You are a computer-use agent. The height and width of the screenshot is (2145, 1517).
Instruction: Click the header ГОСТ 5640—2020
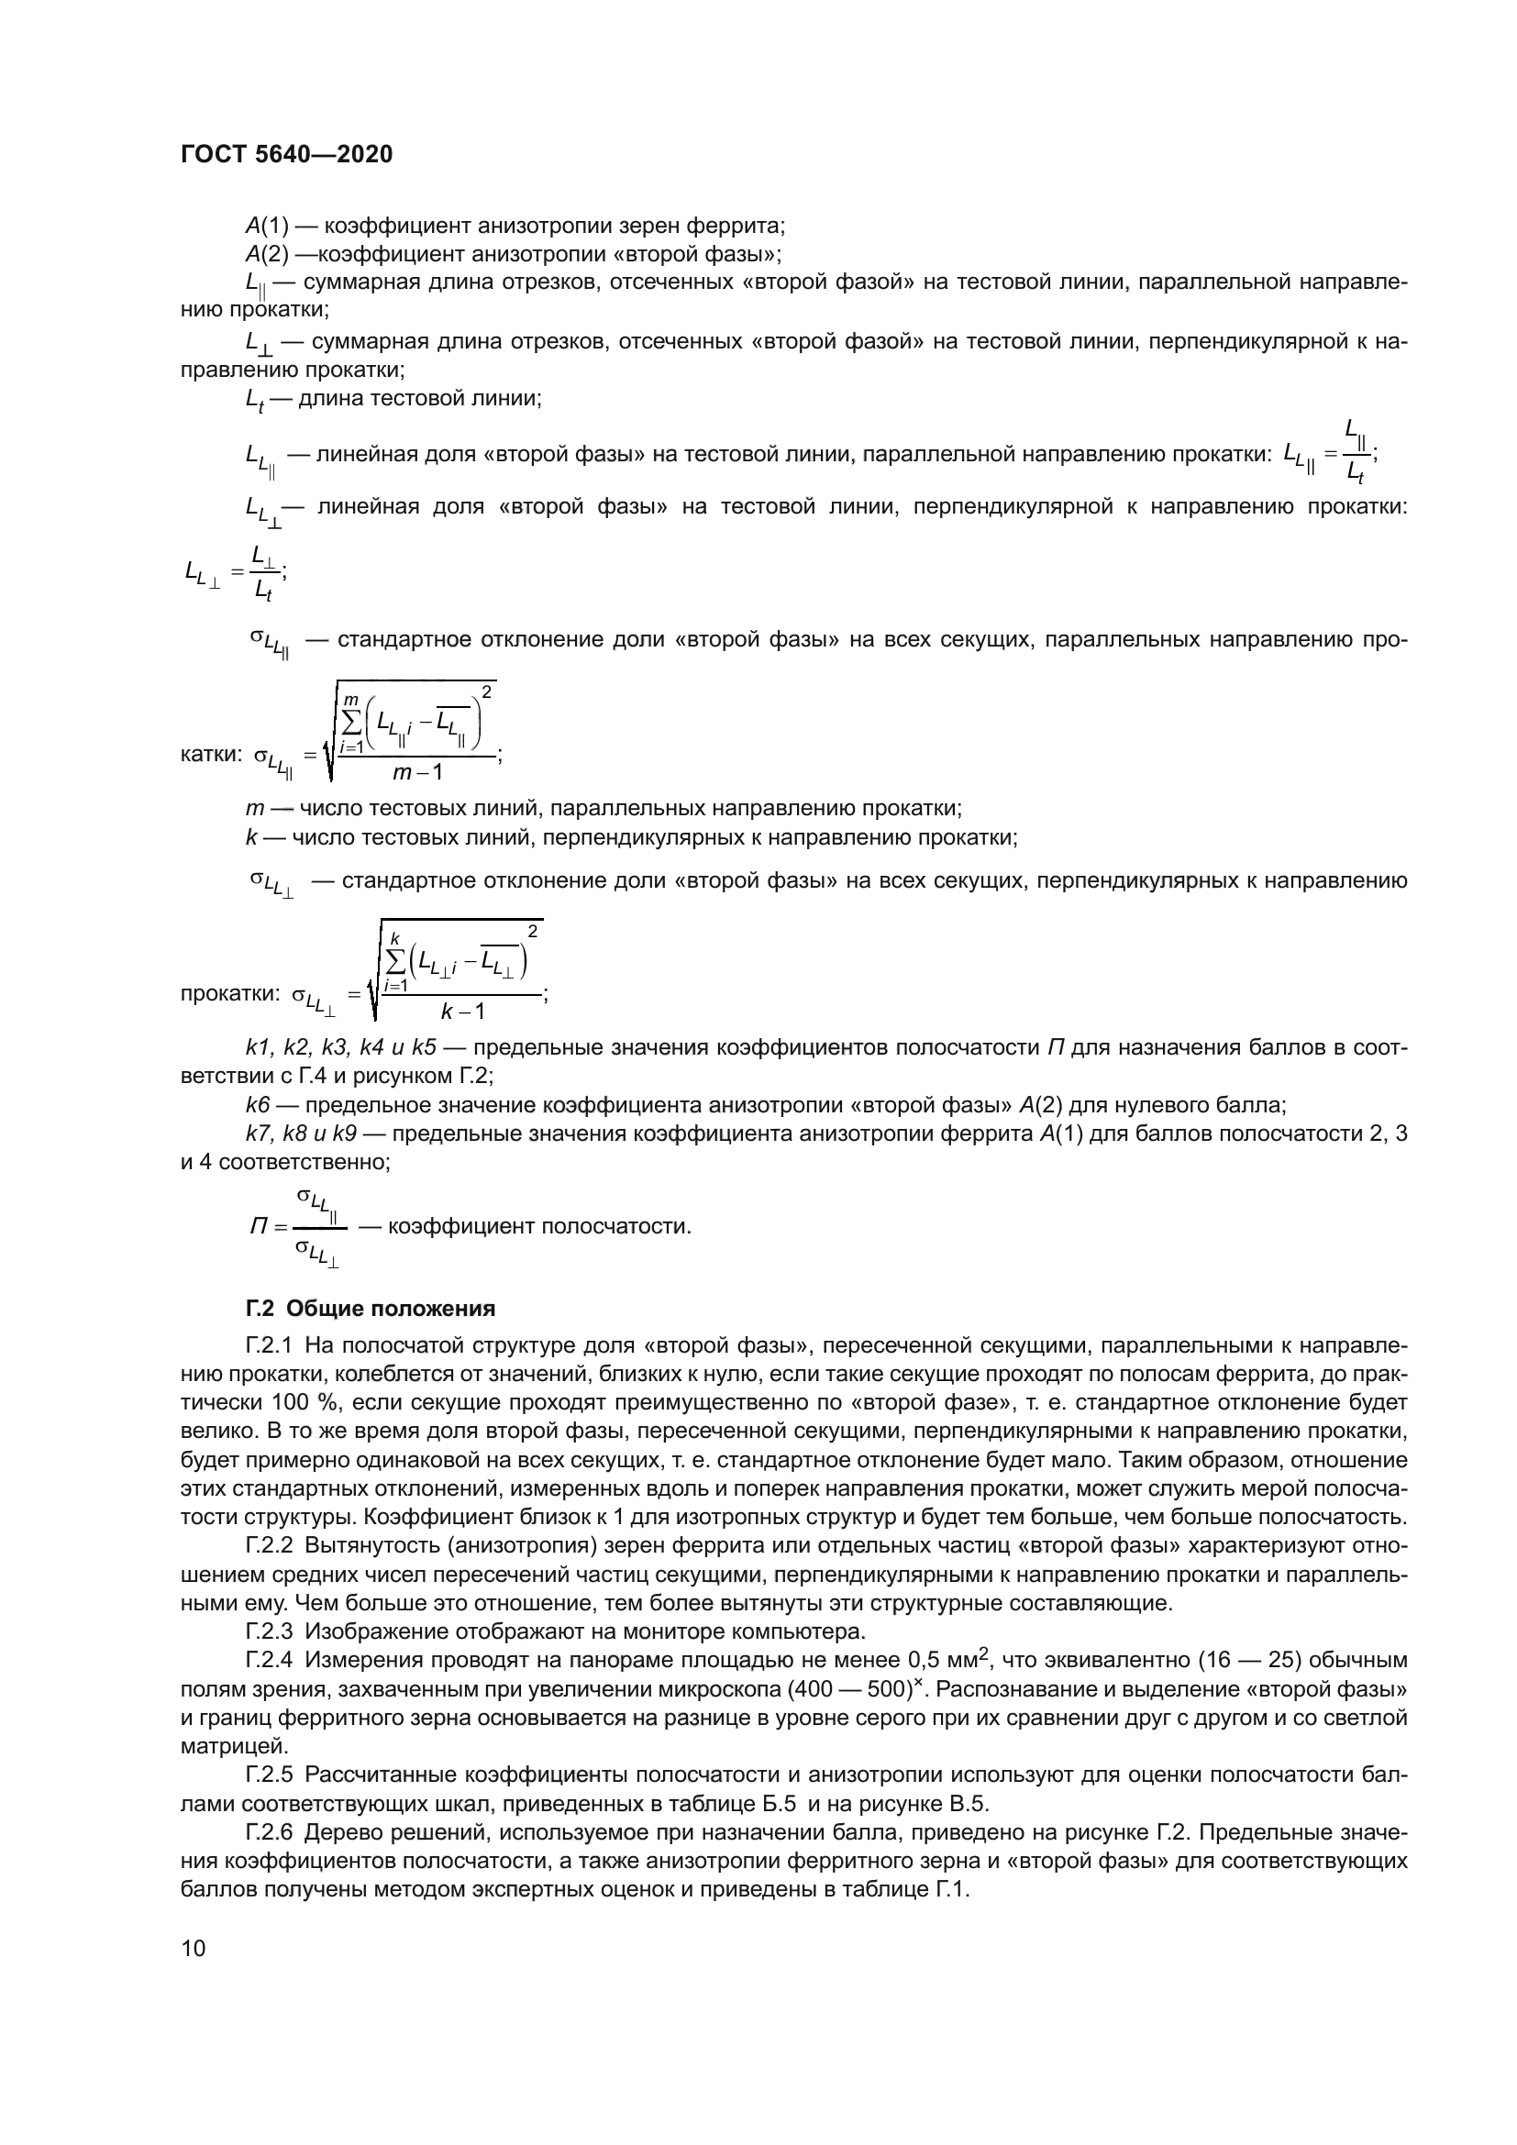tap(286, 155)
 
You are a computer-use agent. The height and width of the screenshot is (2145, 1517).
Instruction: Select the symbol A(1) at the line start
tap(267, 226)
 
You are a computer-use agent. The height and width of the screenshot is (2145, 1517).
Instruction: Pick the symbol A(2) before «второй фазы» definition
tap(267, 254)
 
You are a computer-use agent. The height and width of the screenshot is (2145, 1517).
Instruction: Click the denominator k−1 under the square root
tap(462, 1011)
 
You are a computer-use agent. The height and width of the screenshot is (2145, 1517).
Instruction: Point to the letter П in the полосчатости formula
tap(259, 1227)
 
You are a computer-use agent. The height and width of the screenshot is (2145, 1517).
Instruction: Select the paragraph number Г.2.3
tap(269, 1632)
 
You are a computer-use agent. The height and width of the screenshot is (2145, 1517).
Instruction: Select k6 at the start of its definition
tap(257, 1105)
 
